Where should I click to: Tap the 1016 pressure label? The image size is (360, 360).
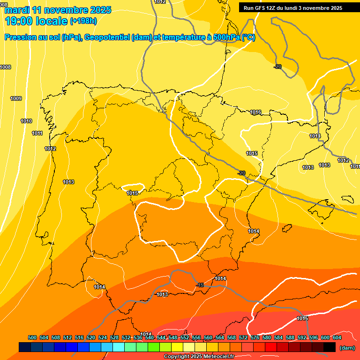(x=255, y=112)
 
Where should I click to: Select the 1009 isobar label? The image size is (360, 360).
(x=16, y=98)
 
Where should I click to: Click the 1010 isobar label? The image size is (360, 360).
(x=26, y=121)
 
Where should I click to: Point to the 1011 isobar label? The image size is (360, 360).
(x=37, y=133)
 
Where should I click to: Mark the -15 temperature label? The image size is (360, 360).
(x=199, y=285)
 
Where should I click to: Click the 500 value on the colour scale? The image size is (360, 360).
(x=32, y=337)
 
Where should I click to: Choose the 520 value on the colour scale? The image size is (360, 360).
(x=91, y=337)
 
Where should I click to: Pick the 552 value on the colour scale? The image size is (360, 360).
(x=185, y=337)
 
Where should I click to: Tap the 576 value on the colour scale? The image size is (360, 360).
(x=255, y=337)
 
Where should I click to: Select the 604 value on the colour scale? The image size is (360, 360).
(x=337, y=337)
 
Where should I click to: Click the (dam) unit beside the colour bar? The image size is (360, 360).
(x=347, y=347)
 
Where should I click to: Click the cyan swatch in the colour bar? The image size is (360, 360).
(x=119, y=347)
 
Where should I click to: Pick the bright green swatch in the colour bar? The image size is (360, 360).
(x=154, y=347)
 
